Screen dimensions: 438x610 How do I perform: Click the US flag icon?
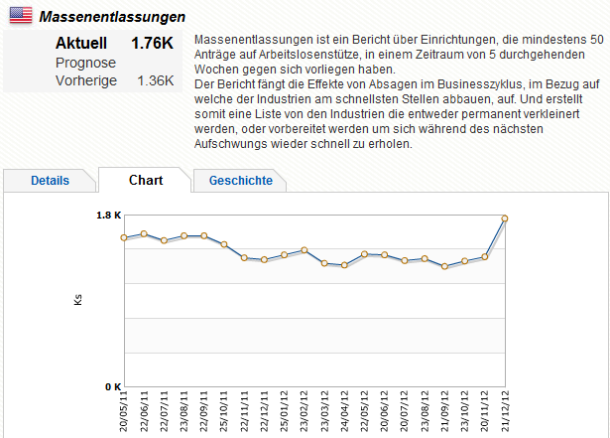tap(22, 16)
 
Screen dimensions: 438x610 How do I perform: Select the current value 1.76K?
tap(152, 44)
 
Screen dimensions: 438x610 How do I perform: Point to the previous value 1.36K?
tap(155, 79)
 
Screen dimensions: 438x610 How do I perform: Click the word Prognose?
tap(84, 62)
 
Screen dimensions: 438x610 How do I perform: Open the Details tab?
tap(50, 181)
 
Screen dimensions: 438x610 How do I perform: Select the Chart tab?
tap(146, 180)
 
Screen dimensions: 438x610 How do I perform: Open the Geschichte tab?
tap(241, 181)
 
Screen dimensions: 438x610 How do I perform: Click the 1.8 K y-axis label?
tap(108, 215)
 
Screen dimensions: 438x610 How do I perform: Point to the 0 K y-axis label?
tap(110, 385)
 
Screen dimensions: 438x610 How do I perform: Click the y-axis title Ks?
tap(78, 299)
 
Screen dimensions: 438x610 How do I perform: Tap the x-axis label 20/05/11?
tap(124, 411)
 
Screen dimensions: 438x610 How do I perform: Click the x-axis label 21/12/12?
tap(506, 411)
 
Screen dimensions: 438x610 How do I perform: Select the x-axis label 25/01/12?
tap(285, 411)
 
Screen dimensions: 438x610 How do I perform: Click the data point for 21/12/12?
tap(505, 219)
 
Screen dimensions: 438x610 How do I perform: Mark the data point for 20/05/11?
tap(124, 237)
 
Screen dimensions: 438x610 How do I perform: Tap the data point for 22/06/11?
tap(144, 233)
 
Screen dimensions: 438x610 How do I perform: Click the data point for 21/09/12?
tap(444, 266)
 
